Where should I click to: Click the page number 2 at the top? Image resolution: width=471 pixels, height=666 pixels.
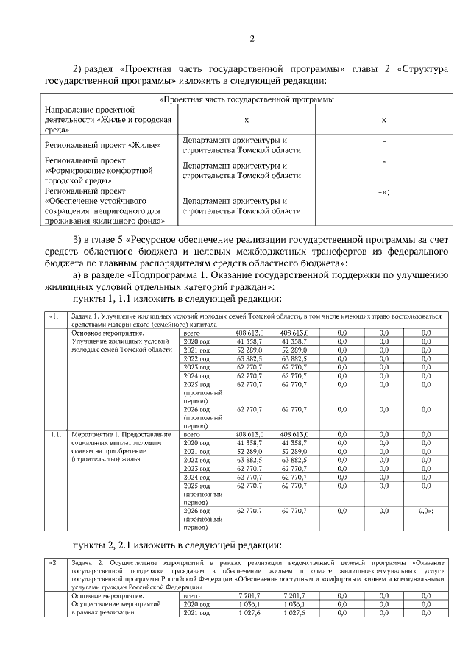coord(252,39)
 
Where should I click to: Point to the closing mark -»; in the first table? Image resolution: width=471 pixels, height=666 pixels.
coord(383,191)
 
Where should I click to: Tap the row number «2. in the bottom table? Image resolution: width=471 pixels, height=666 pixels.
coord(52,562)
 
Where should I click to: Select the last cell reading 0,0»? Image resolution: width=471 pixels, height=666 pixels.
coord(426,510)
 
